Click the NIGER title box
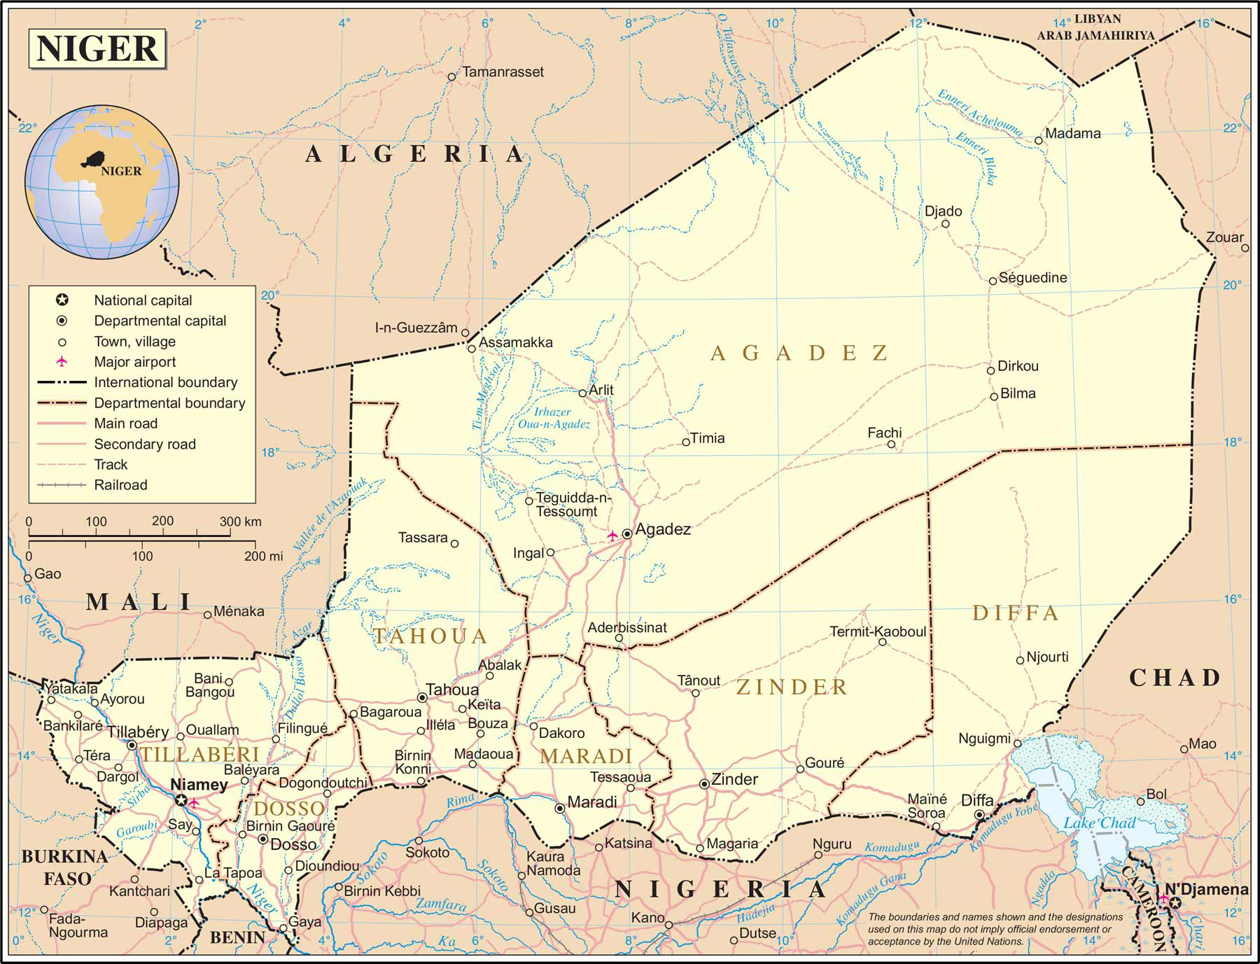coord(97,48)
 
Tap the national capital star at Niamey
coord(181,800)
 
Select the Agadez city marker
coord(627,533)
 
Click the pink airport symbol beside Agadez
coord(612,536)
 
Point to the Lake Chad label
coord(1099,823)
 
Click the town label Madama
coord(1072,133)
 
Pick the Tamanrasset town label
coord(503,71)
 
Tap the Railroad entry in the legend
coord(120,484)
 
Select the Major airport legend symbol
coord(62,361)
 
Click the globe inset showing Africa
coord(102,181)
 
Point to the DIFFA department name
coord(1015,613)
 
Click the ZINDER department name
coord(792,687)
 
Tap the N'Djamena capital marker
coord(1175,904)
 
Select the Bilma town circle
coord(993,396)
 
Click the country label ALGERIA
coord(414,153)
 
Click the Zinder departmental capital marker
coord(704,784)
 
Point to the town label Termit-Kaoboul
coord(877,631)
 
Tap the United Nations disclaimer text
coord(994,929)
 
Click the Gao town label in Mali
coord(48,574)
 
